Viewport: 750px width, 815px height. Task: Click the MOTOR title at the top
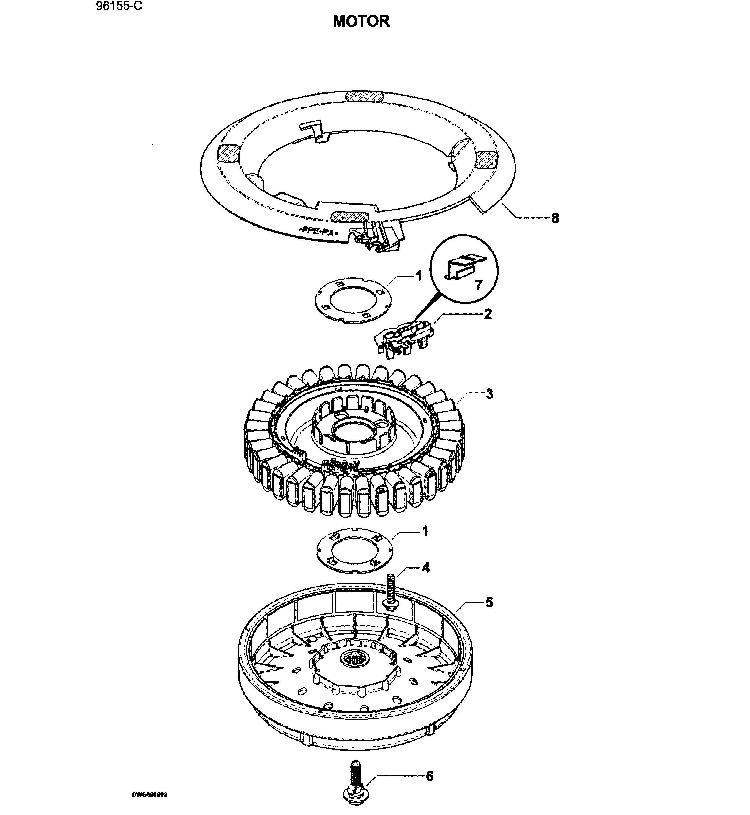[x=361, y=21]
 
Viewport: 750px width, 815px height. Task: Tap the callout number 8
[x=555, y=218]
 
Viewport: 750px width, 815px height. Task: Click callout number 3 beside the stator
[x=489, y=393]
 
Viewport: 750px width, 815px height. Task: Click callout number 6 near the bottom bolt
[x=429, y=776]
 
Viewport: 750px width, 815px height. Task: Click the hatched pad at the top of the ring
[x=363, y=96]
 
